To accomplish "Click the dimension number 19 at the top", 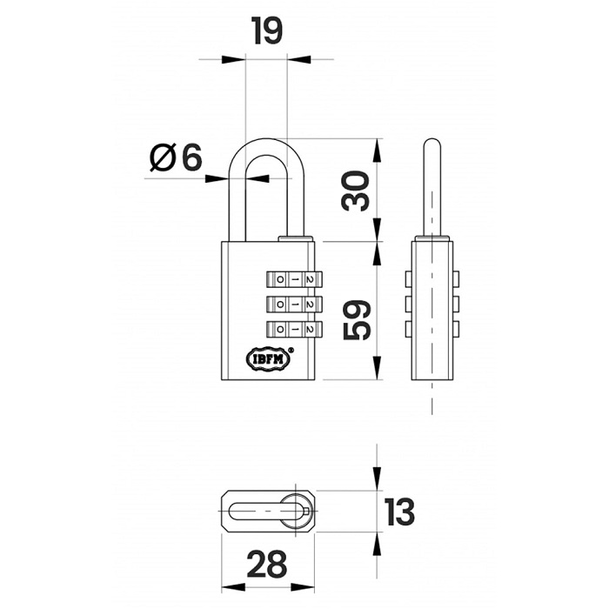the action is click(267, 30).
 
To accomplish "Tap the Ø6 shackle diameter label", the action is click(176, 157).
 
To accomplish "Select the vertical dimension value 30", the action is click(355, 191).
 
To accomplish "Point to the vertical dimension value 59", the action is click(358, 320).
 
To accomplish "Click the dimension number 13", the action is click(399, 512).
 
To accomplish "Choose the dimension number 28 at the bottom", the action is click(267, 565).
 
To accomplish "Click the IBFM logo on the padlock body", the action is click(268, 359).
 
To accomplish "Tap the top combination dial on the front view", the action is click(294, 279).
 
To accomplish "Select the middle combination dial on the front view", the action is click(294, 304).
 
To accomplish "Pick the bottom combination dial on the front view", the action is click(294, 330).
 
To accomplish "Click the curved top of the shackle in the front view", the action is click(266, 142).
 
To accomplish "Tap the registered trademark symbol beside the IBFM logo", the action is click(291, 350).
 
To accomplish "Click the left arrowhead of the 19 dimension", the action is click(233, 59).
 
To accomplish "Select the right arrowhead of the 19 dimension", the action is click(298, 59).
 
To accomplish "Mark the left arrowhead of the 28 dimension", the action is click(233, 587).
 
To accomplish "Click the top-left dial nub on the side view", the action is click(408, 279).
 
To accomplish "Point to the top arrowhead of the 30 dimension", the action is click(377, 151).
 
